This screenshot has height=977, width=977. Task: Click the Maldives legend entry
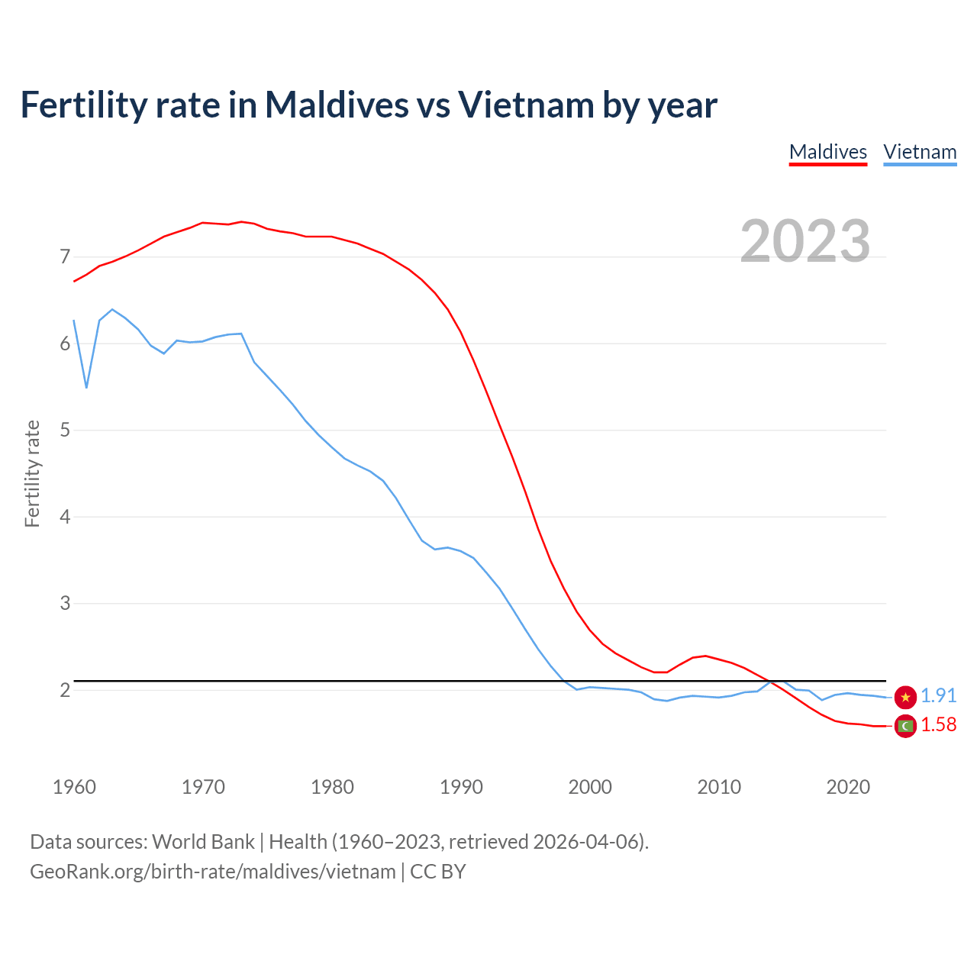coord(827,152)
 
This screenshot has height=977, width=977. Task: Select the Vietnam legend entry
coord(920,152)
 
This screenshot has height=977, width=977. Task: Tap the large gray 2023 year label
coord(804,241)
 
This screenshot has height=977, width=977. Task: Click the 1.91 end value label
coord(938,695)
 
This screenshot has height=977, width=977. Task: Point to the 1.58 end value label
coord(938,724)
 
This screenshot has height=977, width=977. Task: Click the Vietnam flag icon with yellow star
coord(905,697)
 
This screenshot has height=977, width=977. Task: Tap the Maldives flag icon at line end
coord(905,726)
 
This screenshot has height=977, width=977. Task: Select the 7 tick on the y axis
coord(65,257)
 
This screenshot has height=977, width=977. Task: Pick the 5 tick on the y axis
coord(65,430)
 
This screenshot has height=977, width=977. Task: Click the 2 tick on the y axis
coord(65,690)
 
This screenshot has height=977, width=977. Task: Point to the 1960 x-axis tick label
coord(74,787)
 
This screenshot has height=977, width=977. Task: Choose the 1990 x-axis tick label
coord(461,787)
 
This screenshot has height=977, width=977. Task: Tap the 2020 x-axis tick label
coord(848,787)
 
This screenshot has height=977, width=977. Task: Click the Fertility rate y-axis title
coord(32,473)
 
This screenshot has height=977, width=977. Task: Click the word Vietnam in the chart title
coord(525,105)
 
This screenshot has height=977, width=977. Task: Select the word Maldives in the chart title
coord(337,105)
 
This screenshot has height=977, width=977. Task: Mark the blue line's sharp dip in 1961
coord(86,387)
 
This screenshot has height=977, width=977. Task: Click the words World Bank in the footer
coord(203,842)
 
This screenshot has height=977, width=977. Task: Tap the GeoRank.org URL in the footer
coord(212,872)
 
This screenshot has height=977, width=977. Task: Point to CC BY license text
coord(438,872)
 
